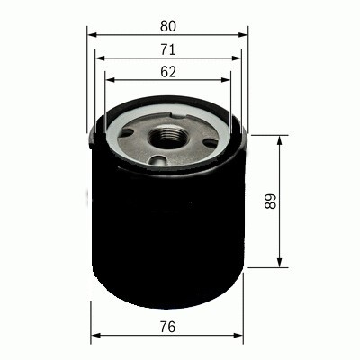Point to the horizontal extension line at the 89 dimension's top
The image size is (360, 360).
click(270, 136)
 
